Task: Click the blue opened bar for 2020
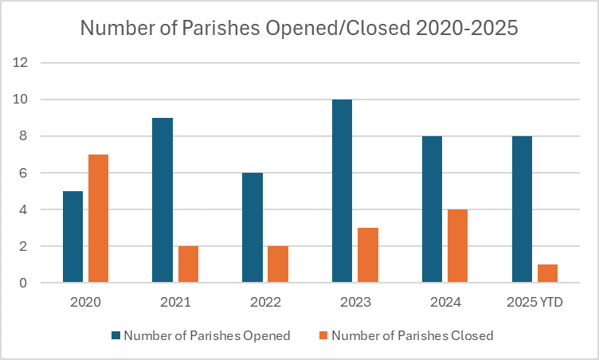pos(72,237)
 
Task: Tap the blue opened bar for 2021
pos(162,200)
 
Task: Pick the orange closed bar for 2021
pos(188,264)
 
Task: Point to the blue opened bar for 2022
pos(253,228)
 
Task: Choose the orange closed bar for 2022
pos(278,264)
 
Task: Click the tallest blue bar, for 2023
pos(343,191)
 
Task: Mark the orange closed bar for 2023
pos(368,255)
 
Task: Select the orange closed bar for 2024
pos(458,246)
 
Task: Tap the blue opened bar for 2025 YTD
pos(523,209)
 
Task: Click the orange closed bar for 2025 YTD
pos(548,273)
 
